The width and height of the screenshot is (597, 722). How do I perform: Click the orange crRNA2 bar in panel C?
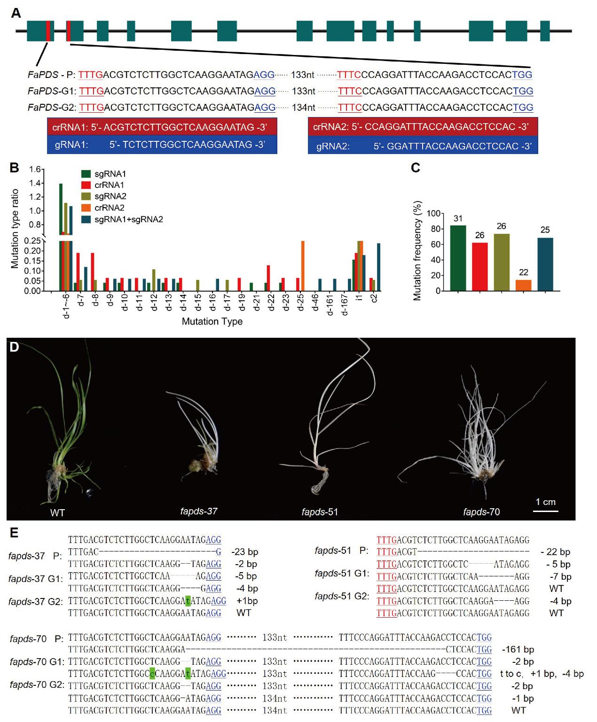(523, 286)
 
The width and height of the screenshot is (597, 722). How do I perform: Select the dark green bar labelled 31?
(458, 258)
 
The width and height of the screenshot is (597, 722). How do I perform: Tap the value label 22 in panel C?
(523, 272)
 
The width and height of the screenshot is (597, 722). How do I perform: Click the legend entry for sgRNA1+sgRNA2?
(128, 219)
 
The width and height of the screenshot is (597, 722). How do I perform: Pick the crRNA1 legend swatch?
(86, 185)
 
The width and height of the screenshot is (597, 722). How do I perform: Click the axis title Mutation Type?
(212, 322)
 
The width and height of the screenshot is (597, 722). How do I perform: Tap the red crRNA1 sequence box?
(162, 127)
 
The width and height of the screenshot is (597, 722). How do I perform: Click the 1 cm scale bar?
(546, 510)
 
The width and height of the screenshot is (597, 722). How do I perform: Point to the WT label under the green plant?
(57, 512)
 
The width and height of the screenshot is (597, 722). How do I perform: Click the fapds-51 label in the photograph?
(320, 512)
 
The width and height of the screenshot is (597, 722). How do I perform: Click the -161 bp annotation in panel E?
(518, 650)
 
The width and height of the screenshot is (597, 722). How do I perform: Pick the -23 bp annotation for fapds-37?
(245, 552)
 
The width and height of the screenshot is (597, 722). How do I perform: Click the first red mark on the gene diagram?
(48, 31)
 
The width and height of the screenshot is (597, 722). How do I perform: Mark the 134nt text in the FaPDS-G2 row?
(303, 108)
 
